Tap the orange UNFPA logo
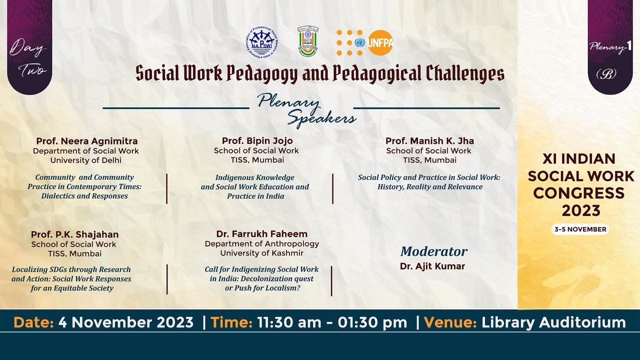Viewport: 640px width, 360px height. [365, 42]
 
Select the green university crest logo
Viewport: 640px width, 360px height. [307, 41]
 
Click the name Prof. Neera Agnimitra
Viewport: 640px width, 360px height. [86, 141]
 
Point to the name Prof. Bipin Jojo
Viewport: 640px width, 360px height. [257, 141]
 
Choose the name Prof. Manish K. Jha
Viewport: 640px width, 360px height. [429, 141]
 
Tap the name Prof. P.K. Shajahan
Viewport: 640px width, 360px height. [74, 234]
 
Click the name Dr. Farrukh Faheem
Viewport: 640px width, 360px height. [261, 234]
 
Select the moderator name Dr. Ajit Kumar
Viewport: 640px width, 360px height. [432, 266]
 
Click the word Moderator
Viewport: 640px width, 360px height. [433, 251]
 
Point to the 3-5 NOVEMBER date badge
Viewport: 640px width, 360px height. [580, 229]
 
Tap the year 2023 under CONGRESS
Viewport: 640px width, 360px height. [580, 210]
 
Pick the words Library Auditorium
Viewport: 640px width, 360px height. [553, 322]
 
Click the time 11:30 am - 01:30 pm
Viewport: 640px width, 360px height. [332, 322]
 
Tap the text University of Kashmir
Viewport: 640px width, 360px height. [261, 253]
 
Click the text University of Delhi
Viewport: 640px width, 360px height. [86, 160]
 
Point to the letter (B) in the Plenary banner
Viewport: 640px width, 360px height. [606, 74]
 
